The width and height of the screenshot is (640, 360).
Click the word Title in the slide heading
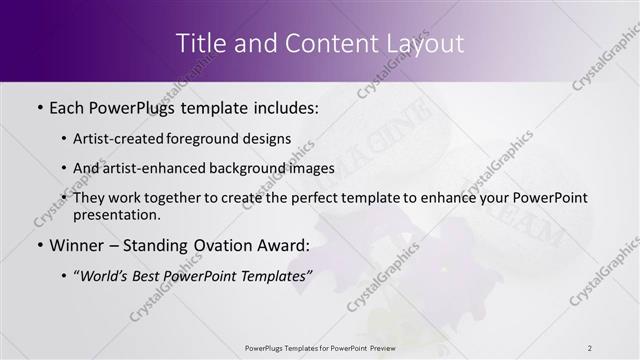[200, 44]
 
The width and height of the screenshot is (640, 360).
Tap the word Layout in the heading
[427, 44]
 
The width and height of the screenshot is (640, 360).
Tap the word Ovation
[222, 244]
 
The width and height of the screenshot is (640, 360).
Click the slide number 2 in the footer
[590, 347]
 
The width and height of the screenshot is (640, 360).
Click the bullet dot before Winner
[38, 245]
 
